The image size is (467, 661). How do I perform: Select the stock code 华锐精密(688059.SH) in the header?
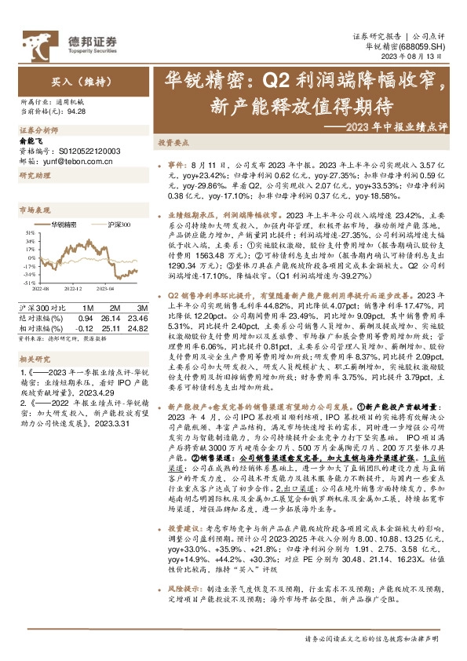(x=408, y=46)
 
